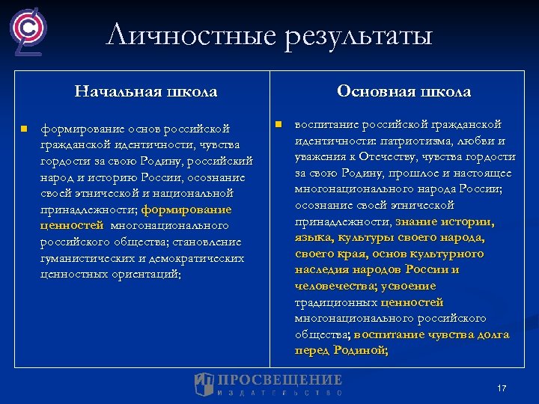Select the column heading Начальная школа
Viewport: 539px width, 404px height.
(146, 92)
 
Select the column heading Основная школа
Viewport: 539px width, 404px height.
(404, 91)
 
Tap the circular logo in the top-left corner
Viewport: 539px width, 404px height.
(29, 30)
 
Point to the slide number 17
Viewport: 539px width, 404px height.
(502, 388)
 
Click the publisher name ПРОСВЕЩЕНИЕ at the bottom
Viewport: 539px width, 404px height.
(280, 380)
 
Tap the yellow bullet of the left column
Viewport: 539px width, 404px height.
(24, 129)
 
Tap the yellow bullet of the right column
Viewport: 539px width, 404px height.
(276, 123)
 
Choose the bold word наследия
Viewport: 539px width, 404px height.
(320, 269)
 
